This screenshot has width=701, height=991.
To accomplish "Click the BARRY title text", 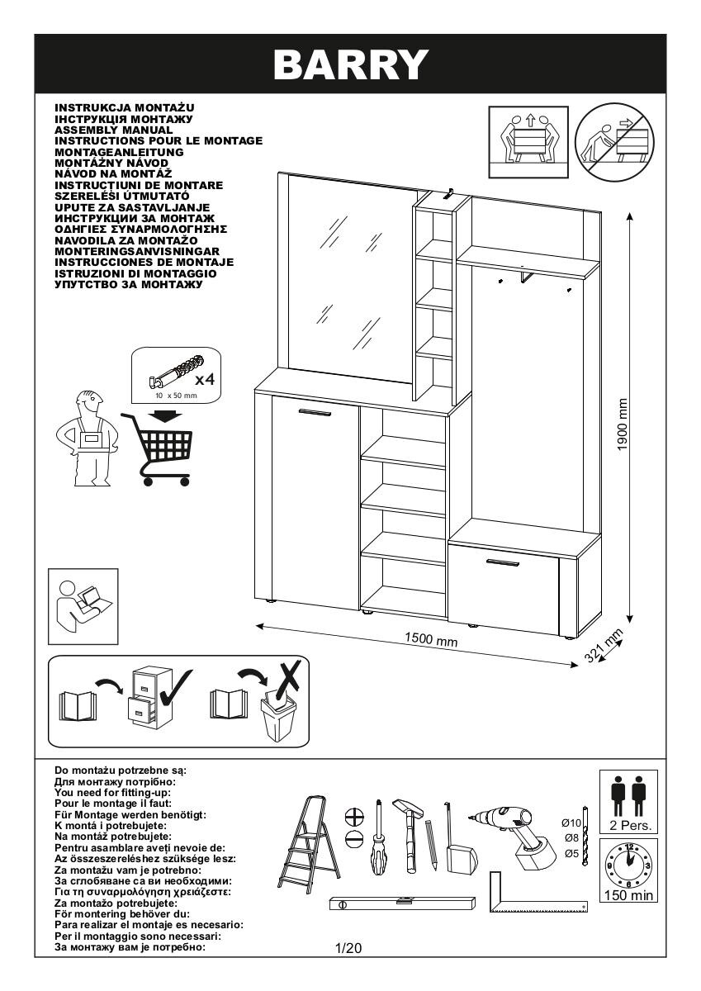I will (x=351, y=64).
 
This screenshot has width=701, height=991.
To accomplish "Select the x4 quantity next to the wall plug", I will (x=204, y=380).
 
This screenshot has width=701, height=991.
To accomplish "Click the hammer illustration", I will (x=408, y=834).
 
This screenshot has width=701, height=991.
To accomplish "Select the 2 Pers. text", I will (x=628, y=825).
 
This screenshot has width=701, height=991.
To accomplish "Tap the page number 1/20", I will (x=349, y=948).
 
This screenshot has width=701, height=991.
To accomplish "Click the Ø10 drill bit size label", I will (x=571, y=823).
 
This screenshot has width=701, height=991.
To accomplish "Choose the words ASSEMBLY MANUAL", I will (x=113, y=130).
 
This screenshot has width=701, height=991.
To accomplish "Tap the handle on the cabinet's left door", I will (x=314, y=410).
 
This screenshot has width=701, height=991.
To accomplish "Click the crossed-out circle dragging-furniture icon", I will (x=613, y=138).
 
